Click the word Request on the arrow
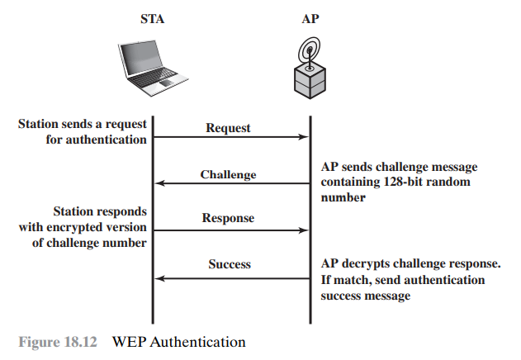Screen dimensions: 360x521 pyautogui.click(x=228, y=128)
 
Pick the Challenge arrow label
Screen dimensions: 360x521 pyautogui.click(x=228, y=175)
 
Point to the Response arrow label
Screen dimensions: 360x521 pyautogui.click(x=228, y=219)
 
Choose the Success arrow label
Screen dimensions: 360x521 pyautogui.click(x=229, y=265)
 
